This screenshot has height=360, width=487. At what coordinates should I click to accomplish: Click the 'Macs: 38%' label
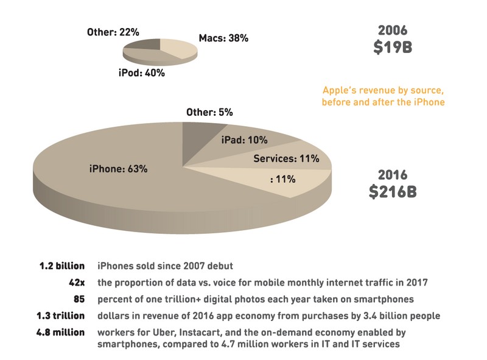pos(223,38)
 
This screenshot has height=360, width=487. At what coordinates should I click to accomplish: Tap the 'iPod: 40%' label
pos(141,72)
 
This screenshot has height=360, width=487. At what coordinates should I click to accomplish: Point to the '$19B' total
pos(393,47)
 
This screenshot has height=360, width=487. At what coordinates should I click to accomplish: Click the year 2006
pos(393,29)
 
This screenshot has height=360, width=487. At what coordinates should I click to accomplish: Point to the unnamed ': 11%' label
pos(282,179)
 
